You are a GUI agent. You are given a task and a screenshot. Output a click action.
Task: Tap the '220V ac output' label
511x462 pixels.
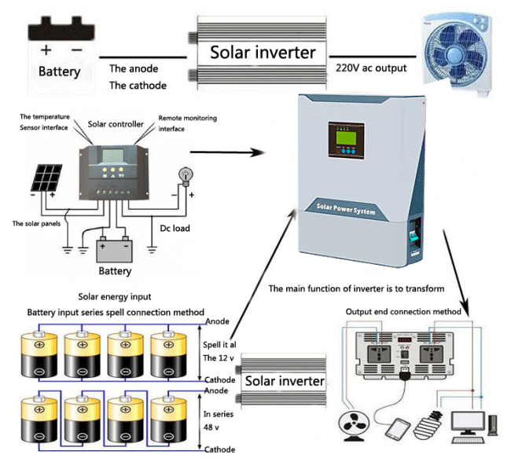coord(371,68)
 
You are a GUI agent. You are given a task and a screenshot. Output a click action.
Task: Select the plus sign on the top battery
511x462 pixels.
coord(46,49)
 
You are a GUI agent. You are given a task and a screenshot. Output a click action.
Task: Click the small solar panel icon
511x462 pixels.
coord(46,178)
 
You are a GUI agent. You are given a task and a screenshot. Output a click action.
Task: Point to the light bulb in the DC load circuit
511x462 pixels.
coord(186,177)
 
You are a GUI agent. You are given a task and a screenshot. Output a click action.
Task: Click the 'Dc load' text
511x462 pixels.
coord(175,228)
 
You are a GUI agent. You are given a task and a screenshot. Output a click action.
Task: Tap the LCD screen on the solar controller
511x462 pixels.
coord(112,156)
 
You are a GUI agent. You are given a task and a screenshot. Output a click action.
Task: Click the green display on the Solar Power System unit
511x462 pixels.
coord(346,137)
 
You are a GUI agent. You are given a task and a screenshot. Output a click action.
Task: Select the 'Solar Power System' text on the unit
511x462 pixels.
coord(346,209)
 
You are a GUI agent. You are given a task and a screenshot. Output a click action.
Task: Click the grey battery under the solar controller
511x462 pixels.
coord(114,250)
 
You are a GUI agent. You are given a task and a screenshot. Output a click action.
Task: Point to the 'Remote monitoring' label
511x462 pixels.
coord(187,118)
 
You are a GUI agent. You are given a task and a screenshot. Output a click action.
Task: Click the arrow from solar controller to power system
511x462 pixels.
coord(227,152)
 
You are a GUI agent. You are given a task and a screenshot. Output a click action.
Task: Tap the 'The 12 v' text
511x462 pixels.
coord(219,358)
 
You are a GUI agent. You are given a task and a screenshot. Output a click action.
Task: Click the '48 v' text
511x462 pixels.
coord(211,427)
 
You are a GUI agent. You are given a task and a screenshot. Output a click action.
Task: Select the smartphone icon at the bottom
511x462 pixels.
coord(397,429)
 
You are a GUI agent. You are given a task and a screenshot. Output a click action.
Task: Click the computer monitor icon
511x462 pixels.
coord(468,423)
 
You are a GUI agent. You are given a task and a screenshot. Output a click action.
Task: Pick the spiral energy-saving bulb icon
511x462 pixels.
coord(428,424)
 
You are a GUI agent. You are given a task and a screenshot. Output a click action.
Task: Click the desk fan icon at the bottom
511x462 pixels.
coord(354,426)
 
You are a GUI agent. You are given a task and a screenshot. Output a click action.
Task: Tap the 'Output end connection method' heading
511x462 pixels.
coord(403,312)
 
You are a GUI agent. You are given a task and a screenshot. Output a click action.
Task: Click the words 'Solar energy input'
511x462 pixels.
coord(115,297)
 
